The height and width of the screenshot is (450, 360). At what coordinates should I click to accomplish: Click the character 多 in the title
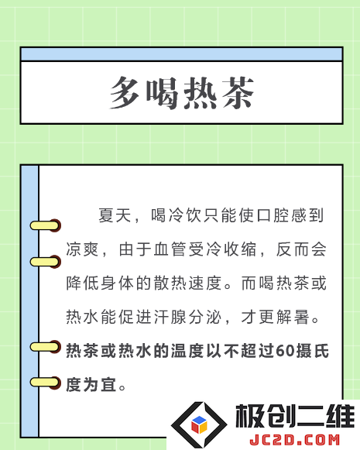125,92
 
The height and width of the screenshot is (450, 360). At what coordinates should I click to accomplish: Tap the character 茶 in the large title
238,92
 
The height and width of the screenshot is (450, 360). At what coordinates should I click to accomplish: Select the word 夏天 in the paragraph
115,215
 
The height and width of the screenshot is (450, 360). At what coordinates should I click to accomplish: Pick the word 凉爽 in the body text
82,249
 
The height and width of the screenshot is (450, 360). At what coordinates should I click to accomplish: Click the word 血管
170,249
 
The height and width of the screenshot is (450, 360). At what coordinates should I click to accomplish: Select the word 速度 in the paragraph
205,283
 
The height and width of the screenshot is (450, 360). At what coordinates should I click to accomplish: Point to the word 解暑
293,317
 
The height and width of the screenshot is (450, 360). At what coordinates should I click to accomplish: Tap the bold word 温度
187,351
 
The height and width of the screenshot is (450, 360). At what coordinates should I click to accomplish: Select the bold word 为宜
100,385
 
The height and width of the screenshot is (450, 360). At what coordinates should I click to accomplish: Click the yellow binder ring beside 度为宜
46,383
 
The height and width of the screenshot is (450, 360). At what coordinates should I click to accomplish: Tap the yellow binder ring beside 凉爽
46,262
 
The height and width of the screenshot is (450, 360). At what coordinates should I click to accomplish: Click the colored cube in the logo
199,424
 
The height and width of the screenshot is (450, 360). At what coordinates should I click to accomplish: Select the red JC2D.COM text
294,440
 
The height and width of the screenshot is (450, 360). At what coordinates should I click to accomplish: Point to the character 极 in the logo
249,416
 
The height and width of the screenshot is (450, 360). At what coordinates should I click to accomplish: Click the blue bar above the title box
182,54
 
